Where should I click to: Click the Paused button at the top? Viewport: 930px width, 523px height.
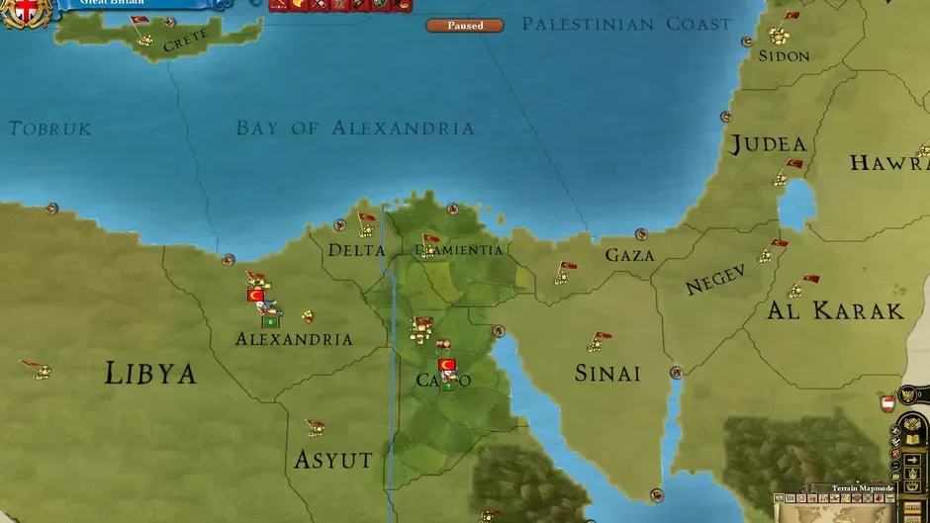pyautogui.click(x=464, y=25)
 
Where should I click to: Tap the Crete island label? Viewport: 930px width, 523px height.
pyautogui.click(x=185, y=41)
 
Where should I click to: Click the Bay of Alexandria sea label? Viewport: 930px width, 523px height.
pyautogui.click(x=354, y=128)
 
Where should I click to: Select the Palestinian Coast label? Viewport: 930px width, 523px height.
pyautogui.click(x=626, y=24)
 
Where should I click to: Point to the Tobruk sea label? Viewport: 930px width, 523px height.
pyautogui.click(x=49, y=129)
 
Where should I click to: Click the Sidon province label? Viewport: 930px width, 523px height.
pyautogui.click(x=785, y=55)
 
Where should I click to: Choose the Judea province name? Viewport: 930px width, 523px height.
pyautogui.click(x=768, y=144)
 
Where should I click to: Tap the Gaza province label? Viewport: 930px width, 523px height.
pyautogui.click(x=630, y=255)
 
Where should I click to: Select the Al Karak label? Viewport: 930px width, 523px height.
pyautogui.click(x=836, y=310)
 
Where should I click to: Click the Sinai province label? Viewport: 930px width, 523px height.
pyautogui.click(x=607, y=373)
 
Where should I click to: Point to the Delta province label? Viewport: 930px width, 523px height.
pyautogui.click(x=356, y=250)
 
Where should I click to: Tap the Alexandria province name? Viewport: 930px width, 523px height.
pyautogui.click(x=294, y=339)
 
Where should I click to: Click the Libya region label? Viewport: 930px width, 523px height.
pyautogui.click(x=150, y=373)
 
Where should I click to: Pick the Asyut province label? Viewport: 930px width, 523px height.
pyautogui.click(x=333, y=460)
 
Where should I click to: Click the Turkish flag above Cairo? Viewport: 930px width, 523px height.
pyautogui.click(x=446, y=365)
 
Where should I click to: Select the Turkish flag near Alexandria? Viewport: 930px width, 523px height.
pyautogui.click(x=255, y=295)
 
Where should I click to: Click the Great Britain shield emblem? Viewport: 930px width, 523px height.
pyautogui.click(x=27, y=12)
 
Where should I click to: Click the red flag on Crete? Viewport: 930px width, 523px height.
pyautogui.click(x=139, y=21)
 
